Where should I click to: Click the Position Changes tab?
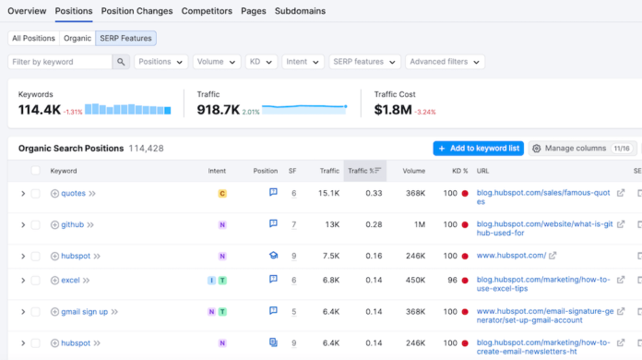(x=137, y=11)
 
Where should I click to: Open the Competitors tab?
(x=207, y=11)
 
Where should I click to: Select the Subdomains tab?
(x=300, y=11)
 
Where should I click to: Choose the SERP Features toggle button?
(x=125, y=38)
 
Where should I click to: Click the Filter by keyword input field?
(x=61, y=62)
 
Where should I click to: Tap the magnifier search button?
(x=122, y=62)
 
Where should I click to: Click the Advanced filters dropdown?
(x=445, y=62)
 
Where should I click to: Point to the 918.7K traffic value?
(x=217, y=111)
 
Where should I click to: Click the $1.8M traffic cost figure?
(x=394, y=111)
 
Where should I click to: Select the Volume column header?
(x=413, y=171)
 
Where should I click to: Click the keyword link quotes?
(x=73, y=194)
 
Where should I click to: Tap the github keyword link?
(x=73, y=224)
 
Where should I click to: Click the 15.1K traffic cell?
(x=328, y=194)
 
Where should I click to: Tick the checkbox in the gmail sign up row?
(x=36, y=312)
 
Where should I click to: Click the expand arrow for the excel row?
(x=23, y=280)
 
